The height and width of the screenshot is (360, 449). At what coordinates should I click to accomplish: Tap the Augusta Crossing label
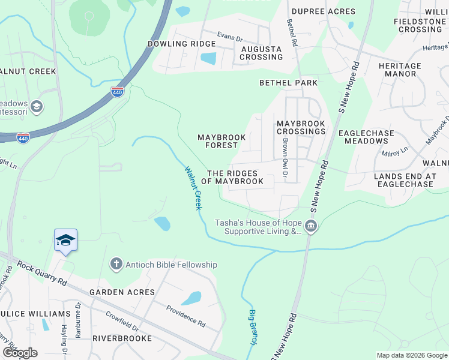(x=261, y=53)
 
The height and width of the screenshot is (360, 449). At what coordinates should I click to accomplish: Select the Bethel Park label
(x=288, y=82)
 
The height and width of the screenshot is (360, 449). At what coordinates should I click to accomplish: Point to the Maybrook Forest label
(x=221, y=141)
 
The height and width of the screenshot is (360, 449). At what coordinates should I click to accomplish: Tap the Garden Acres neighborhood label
(x=122, y=292)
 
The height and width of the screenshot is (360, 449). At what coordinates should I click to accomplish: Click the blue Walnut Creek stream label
(x=193, y=188)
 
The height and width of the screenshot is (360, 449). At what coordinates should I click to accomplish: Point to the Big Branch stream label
(x=253, y=326)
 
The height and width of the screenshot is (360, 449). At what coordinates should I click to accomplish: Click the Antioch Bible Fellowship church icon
(x=116, y=264)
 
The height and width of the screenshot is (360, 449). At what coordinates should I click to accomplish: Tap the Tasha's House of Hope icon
(x=311, y=226)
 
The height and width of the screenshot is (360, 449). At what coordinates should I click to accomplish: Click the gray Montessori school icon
(x=37, y=107)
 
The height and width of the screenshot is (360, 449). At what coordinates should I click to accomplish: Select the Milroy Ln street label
(x=395, y=153)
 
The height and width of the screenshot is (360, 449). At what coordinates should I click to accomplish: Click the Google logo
(x=19, y=353)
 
